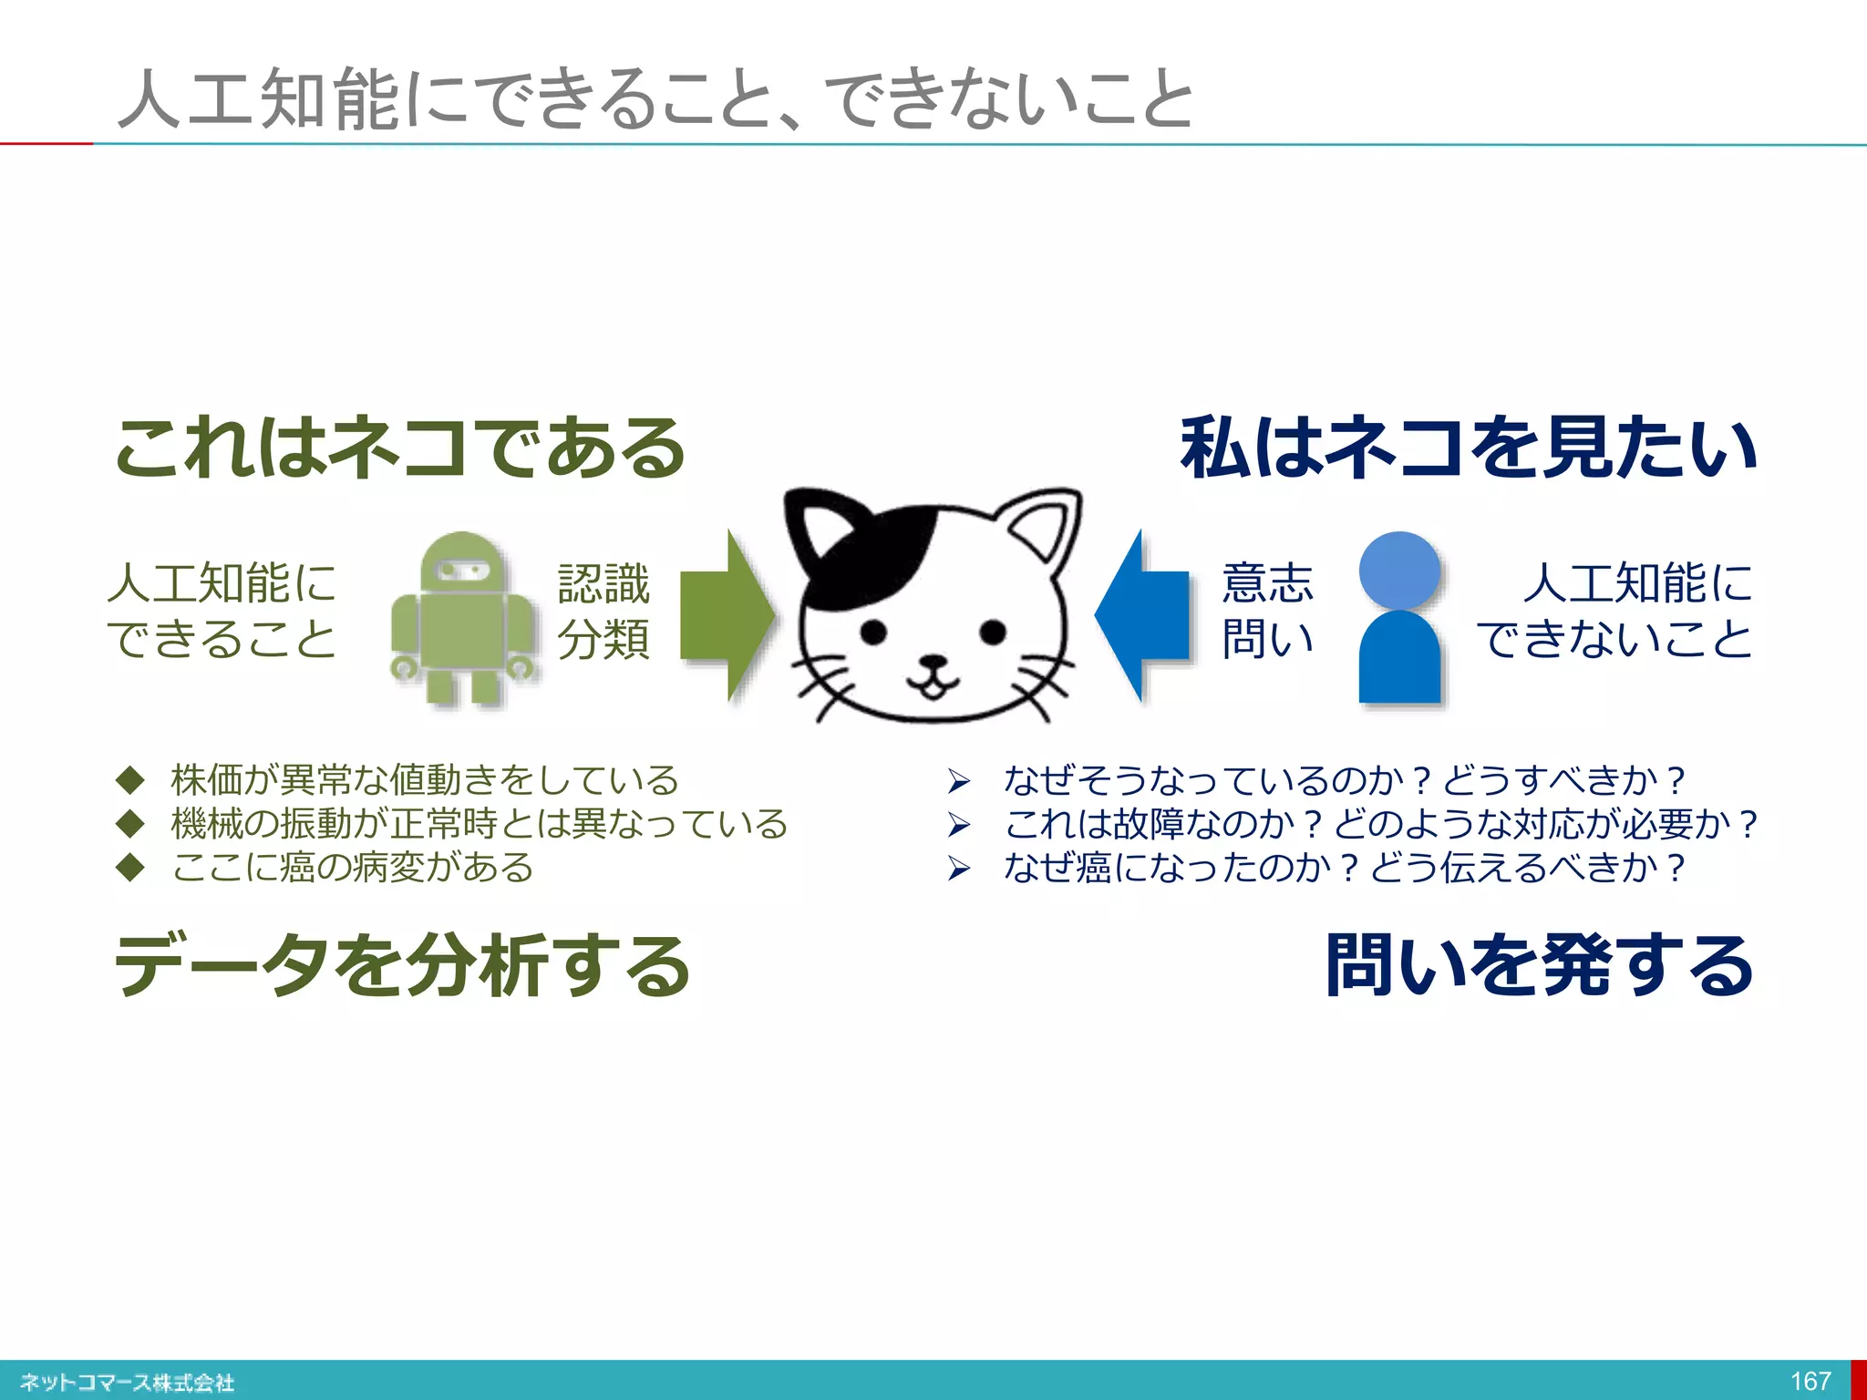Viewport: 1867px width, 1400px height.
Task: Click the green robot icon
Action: (463, 620)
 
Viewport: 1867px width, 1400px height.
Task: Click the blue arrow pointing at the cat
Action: (1143, 615)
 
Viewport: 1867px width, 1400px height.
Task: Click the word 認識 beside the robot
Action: (603, 584)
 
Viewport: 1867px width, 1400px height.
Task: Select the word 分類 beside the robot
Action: (603, 639)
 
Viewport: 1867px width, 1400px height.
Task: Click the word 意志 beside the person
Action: (1267, 584)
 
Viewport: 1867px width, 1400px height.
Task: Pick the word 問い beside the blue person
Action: (1267, 639)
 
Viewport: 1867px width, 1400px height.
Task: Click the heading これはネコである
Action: (399, 448)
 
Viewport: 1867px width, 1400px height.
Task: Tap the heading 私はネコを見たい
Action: (1468, 448)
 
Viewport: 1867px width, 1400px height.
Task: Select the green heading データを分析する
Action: (402, 965)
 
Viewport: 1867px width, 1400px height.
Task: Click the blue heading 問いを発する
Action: (1540, 965)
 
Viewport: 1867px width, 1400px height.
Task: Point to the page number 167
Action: (1810, 1381)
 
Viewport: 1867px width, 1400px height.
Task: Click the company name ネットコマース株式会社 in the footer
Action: (127, 1383)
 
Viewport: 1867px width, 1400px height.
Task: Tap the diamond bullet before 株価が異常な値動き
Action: (131, 780)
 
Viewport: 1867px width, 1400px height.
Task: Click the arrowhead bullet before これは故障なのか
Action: (958, 825)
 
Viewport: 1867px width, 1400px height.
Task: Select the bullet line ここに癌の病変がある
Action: (352, 867)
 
